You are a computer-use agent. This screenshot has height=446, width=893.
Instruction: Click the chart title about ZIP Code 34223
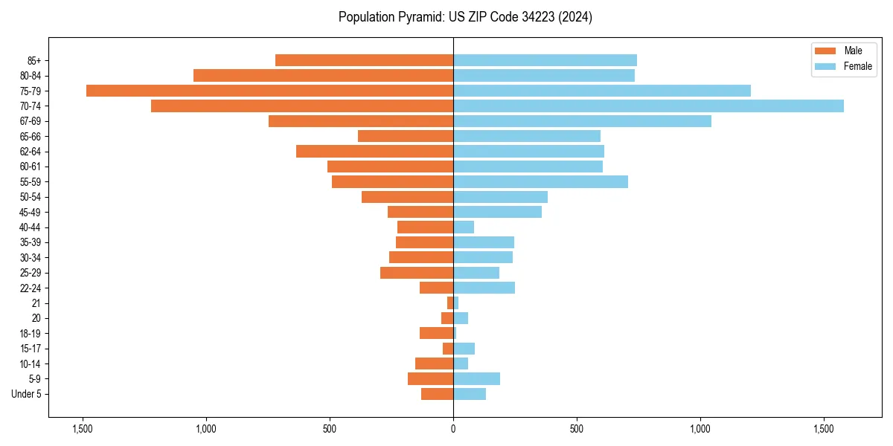click(x=465, y=17)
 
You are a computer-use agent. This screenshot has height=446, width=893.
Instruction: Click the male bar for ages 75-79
click(x=269, y=91)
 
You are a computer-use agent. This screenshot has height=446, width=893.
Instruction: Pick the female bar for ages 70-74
click(x=648, y=106)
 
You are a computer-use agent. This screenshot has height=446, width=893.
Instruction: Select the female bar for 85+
click(x=545, y=60)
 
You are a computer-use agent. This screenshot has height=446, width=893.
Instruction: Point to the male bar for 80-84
click(x=323, y=75)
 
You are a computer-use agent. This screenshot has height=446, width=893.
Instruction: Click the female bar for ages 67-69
click(x=582, y=121)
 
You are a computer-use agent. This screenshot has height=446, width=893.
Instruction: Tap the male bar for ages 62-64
click(x=374, y=152)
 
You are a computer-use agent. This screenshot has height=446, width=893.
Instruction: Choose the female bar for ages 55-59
click(x=540, y=181)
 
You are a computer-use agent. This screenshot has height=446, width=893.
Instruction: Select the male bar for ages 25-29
click(x=417, y=273)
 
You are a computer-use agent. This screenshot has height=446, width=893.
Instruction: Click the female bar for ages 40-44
click(x=464, y=227)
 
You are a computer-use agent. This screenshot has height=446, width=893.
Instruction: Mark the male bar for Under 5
click(x=437, y=394)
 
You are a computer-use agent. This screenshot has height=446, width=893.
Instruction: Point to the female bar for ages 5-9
click(x=476, y=379)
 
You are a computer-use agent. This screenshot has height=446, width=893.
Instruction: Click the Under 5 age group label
click(x=27, y=394)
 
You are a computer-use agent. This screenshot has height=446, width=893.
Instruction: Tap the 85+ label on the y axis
click(x=33, y=60)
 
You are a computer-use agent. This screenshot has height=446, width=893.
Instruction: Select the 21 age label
click(x=36, y=303)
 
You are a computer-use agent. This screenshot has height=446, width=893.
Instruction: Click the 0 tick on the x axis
click(x=453, y=429)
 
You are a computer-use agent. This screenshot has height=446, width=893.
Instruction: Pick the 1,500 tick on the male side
click(x=82, y=429)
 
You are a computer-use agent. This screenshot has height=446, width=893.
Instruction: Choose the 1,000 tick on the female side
click(x=700, y=429)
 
